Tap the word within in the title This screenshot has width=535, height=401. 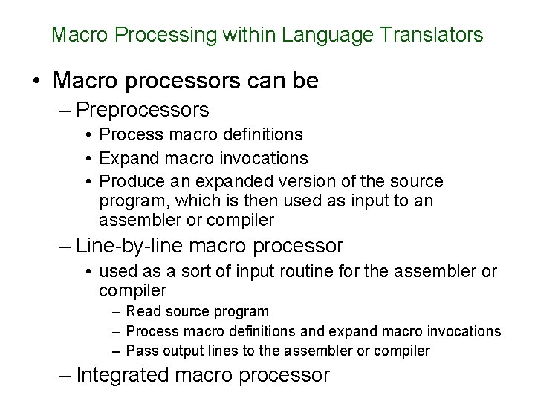point(249,34)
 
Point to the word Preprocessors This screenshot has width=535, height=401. point(143,111)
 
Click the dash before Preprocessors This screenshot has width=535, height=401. point(65,111)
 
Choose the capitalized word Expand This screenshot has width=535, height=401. point(125,158)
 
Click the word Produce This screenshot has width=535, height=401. point(128,181)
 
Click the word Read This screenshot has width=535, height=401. point(142,311)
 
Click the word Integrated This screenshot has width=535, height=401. point(126,375)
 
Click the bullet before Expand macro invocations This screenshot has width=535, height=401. point(88,159)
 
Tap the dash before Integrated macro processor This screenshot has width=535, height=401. point(65,375)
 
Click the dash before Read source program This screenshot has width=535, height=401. point(118,311)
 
